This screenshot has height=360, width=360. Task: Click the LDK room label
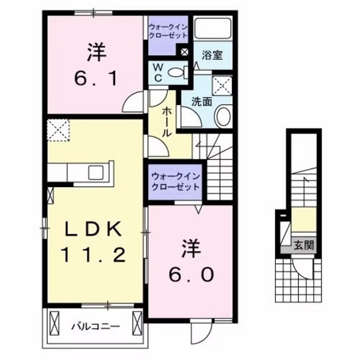(93, 230)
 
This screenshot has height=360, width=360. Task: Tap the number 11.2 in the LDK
(93, 255)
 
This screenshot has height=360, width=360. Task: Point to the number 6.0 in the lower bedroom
(192, 274)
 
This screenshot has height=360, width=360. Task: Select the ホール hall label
(166, 122)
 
